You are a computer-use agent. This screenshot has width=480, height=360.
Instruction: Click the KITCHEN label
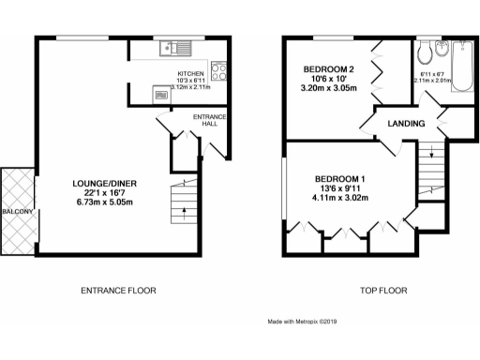point(190,73)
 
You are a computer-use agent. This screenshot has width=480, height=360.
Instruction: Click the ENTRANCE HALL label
point(206,120)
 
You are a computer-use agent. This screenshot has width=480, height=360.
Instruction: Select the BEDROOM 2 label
point(327,70)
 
